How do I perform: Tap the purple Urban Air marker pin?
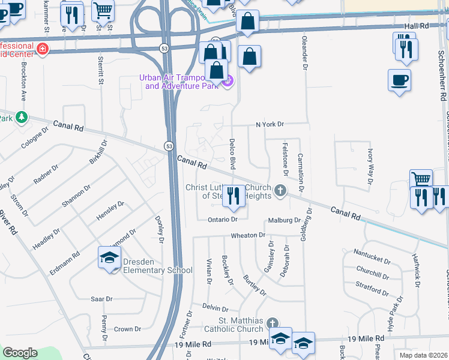(x=228, y=82)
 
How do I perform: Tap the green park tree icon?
(x=22, y=116)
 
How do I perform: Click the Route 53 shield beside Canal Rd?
(x=169, y=146)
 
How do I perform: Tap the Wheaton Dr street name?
(x=248, y=235)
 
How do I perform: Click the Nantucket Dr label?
(x=372, y=252)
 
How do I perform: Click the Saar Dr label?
(x=101, y=299)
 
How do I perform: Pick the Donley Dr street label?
(x=160, y=230)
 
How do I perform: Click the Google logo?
(x=20, y=353)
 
